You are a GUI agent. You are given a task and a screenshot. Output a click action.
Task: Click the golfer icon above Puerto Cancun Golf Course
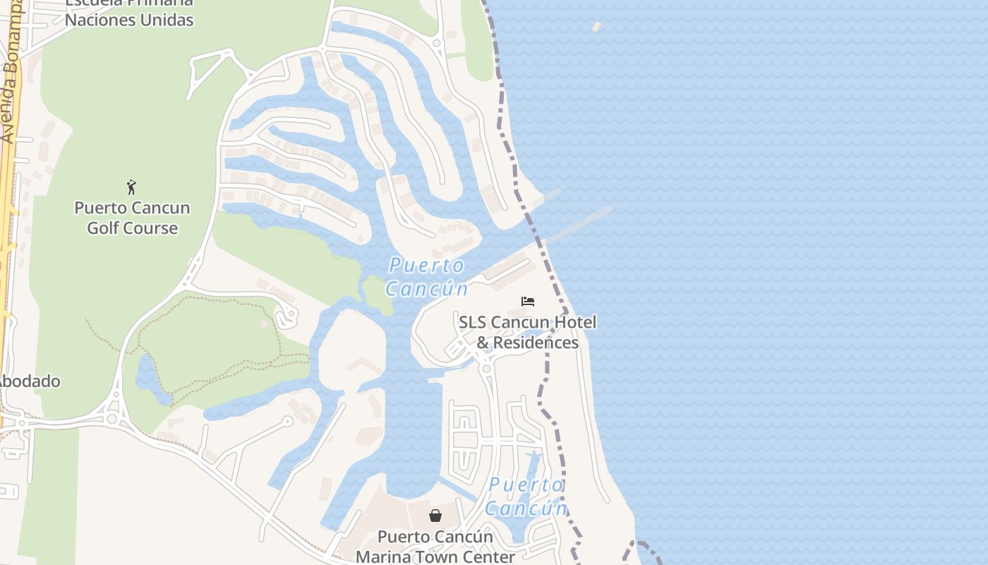click(x=131, y=187)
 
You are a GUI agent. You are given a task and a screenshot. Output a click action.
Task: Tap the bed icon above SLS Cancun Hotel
click(x=528, y=302)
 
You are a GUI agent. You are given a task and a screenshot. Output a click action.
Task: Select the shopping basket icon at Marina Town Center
click(x=435, y=516)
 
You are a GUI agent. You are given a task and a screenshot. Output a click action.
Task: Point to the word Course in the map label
click(x=155, y=228)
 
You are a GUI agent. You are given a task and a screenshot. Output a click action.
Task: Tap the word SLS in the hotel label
click(x=473, y=322)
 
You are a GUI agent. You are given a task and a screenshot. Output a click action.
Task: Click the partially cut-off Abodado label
click(x=28, y=381)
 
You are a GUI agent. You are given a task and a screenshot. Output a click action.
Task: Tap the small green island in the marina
click(x=378, y=295)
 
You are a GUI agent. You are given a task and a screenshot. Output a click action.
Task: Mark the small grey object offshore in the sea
click(x=596, y=27)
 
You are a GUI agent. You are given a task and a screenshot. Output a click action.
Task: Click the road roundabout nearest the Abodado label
click(x=112, y=418)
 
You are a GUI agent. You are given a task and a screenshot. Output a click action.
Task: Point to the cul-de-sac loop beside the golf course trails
click(x=287, y=318)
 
